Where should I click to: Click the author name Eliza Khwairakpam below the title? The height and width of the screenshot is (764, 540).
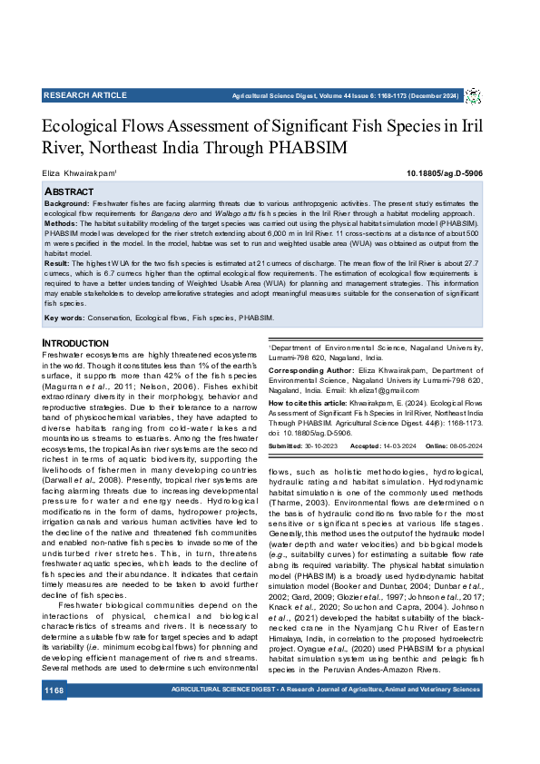[x=79, y=172]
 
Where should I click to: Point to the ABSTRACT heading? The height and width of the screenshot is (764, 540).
[x=69, y=192]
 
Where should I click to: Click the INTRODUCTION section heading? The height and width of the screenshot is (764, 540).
[x=76, y=343]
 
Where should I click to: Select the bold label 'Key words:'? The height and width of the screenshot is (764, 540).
[x=64, y=318]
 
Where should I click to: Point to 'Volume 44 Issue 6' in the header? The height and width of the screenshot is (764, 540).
[x=347, y=95]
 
